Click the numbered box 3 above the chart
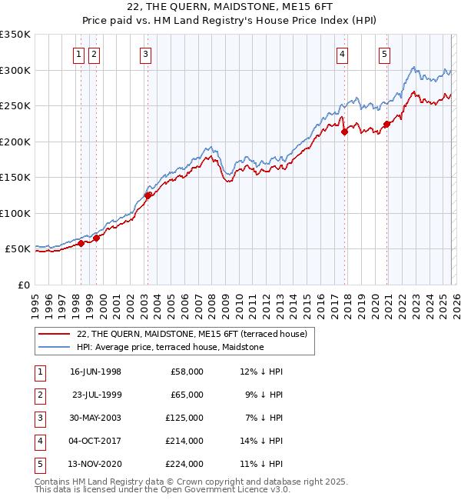pyautogui.click(x=145, y=54)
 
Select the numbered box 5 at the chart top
pyautogui.click(x=384, y=54)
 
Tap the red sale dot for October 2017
pyautogui.click(x=344, y=132)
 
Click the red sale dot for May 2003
pyautogui.click(x=148, y=195)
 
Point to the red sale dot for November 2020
pyautogui.click(x=386, y=125)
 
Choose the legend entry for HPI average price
pyautogui.click(x=170, y=348)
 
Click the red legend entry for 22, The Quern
pyautogui.click(x=191, y=334)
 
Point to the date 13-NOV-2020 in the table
pyautogui.click(x=95, y=464)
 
